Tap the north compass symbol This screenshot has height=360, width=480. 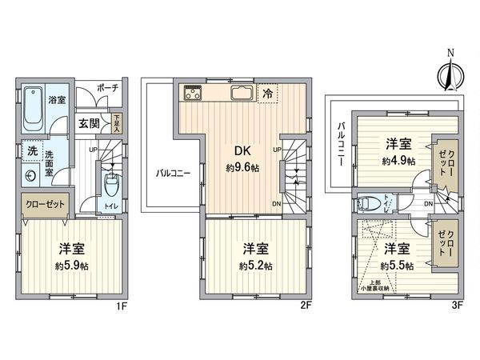pos(450,74)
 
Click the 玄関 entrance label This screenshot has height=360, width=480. pos(90,124)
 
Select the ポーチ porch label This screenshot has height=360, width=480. pos(107,88)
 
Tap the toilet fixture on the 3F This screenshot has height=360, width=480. pos(369,202)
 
